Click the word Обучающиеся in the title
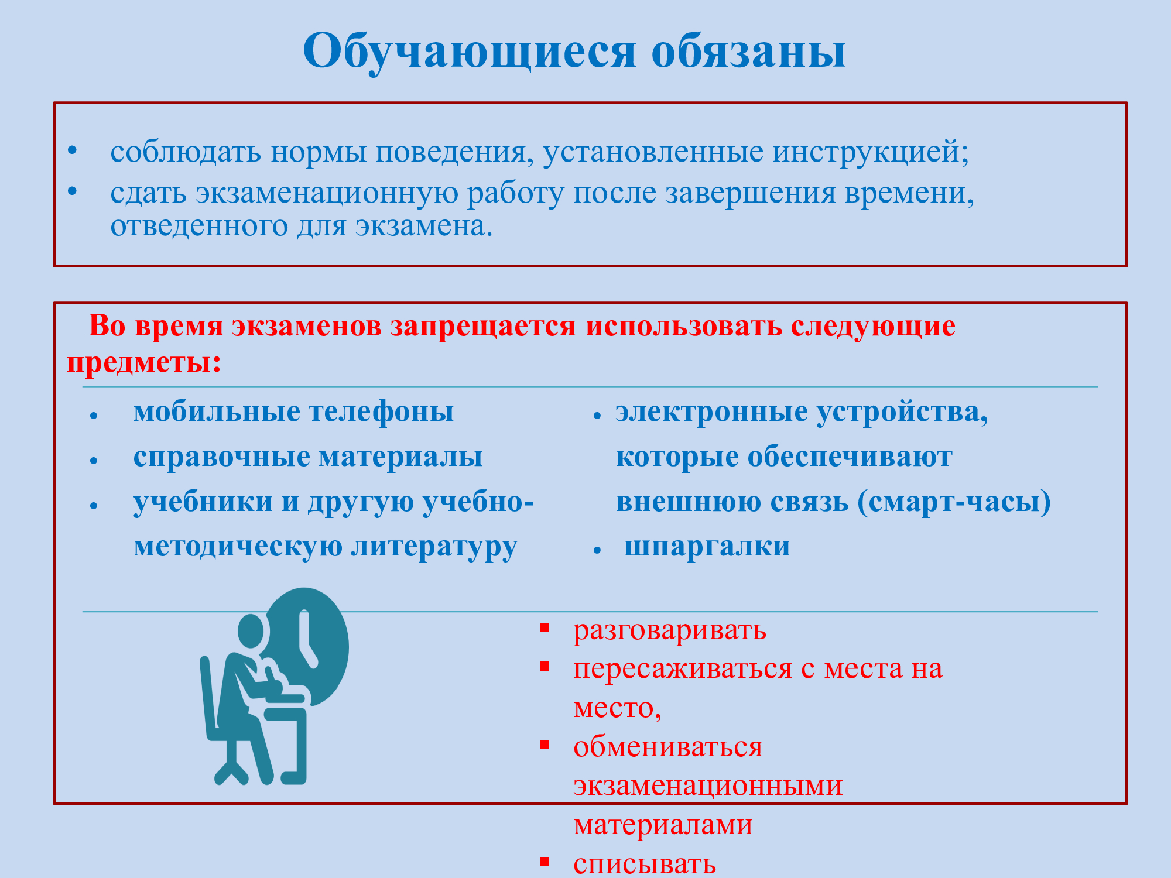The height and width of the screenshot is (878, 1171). [x=470, y=52]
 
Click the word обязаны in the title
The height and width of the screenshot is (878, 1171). [x=749, y=52]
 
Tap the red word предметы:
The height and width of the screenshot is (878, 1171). [x=145, y=363]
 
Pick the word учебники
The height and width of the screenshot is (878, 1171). [x=203, y=502]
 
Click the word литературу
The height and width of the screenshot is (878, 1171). [x=434, y=547]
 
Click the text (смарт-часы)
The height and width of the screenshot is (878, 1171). [x=954, y=502]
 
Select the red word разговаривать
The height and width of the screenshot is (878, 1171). [x=670, y=631]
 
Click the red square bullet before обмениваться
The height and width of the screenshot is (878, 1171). [x=545, y=745]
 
